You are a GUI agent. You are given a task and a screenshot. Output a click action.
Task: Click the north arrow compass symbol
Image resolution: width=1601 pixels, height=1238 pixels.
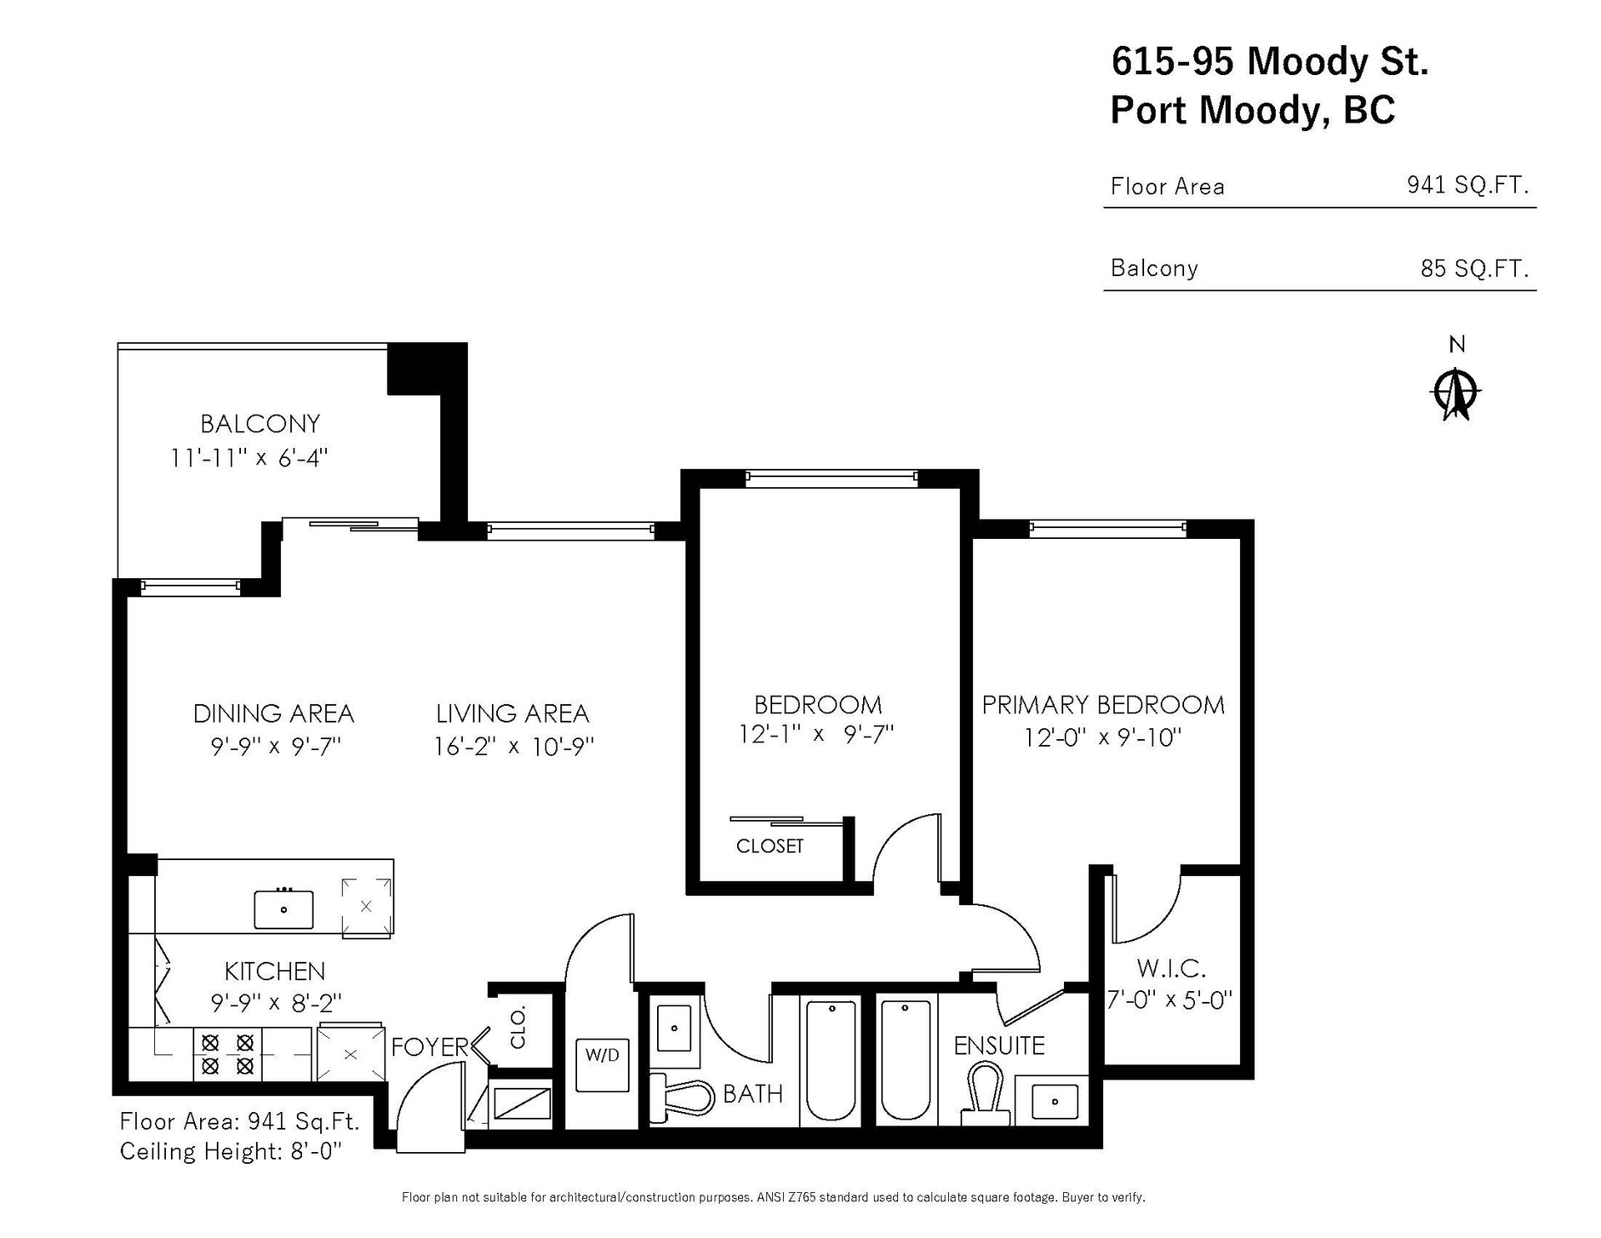pos(1457,391)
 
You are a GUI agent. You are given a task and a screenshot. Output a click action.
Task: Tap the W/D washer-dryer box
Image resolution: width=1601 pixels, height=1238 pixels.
pos(602,1064)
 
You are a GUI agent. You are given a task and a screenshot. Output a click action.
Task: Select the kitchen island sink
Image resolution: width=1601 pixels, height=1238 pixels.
pos(284,909)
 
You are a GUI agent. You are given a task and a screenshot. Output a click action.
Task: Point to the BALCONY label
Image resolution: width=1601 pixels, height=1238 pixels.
pos(260,424)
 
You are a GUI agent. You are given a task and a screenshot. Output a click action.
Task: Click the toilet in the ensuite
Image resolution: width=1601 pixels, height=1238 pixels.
pos(985,1090)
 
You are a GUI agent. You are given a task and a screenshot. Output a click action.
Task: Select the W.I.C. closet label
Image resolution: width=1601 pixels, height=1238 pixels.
pos(1171,969)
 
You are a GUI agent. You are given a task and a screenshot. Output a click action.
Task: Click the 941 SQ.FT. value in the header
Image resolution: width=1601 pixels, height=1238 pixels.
pos(1468,184)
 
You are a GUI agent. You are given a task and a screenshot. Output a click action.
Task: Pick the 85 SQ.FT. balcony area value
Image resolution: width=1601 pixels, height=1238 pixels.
pos(1474,269)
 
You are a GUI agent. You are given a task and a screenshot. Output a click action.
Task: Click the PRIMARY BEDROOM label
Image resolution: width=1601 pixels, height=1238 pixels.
pos(1103,705)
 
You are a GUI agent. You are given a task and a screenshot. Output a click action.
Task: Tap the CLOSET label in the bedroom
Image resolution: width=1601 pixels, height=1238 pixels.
pos(770,846)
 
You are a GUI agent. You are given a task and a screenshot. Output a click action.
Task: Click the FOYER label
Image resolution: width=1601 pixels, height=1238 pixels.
pos(430,1047)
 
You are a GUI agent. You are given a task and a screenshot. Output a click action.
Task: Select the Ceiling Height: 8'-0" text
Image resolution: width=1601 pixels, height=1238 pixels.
pos(232,1152)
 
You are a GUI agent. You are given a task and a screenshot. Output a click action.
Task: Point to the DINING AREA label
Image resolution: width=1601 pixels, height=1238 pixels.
pos(274,714)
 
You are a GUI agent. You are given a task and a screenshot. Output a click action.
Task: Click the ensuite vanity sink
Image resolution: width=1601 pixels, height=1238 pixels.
pos(1055,1101)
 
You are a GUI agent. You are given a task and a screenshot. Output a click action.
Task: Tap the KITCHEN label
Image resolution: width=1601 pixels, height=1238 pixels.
pos(274,971)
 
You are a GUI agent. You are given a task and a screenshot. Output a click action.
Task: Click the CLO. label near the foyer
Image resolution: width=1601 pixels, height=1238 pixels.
pos(519,1027)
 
